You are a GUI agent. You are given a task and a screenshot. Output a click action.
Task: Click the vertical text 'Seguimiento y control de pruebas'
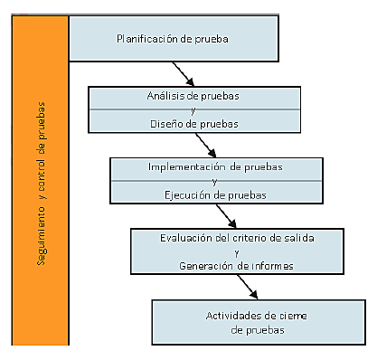click(42, 181)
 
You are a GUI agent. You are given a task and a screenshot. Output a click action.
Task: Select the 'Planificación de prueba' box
click(172, 39)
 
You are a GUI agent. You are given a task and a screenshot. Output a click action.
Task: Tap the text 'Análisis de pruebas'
click(193, 95)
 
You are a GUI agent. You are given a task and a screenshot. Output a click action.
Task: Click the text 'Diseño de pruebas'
click(193, 125)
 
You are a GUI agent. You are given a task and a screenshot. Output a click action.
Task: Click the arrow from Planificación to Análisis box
click(183, 72)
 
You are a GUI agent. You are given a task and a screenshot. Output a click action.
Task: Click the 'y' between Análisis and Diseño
click(193, 110)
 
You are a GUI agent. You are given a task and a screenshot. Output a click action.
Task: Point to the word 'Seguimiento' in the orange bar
click(42, 234)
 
